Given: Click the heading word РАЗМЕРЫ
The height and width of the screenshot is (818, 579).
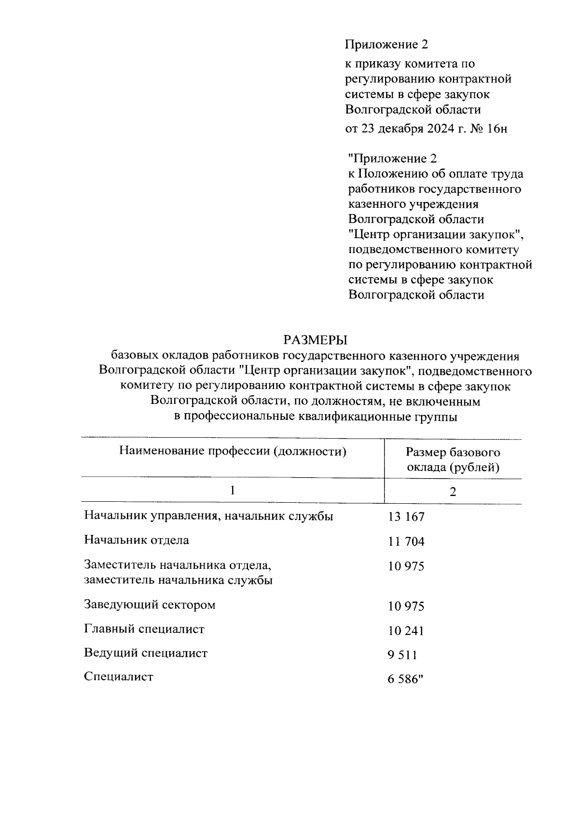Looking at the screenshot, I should [x=315, y=340].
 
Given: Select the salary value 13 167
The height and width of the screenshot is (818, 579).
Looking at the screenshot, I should [x=406, y=517].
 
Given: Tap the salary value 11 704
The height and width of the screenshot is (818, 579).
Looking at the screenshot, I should [x=406, y=542].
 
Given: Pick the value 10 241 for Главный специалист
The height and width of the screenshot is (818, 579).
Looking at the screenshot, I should [x=406, y=631].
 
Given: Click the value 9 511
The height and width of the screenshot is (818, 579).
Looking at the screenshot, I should [x=402, y=655].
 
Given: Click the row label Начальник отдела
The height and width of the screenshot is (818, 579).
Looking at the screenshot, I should [x=137, y=540].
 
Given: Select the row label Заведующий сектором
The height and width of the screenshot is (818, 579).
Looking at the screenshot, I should [x=150, y=604].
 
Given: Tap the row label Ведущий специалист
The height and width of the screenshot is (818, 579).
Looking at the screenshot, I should [x=146, y=653].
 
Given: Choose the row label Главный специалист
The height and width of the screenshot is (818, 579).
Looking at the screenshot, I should [x=144, y=629].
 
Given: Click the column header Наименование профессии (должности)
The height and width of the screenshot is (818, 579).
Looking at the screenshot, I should [x=233, y=452].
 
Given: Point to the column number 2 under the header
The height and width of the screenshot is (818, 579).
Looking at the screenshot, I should [x=453, y=492].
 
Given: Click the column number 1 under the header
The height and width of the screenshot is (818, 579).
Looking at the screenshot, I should [x=233, y=491].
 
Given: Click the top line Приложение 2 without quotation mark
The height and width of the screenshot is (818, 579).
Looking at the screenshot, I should [x=386, y=45].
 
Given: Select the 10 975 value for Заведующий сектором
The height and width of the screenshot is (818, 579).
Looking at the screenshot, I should [x=406, y=606].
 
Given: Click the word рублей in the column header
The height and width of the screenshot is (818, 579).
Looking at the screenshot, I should [x=477, y=467].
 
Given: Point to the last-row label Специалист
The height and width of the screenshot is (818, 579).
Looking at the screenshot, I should [x=119, y=676].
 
